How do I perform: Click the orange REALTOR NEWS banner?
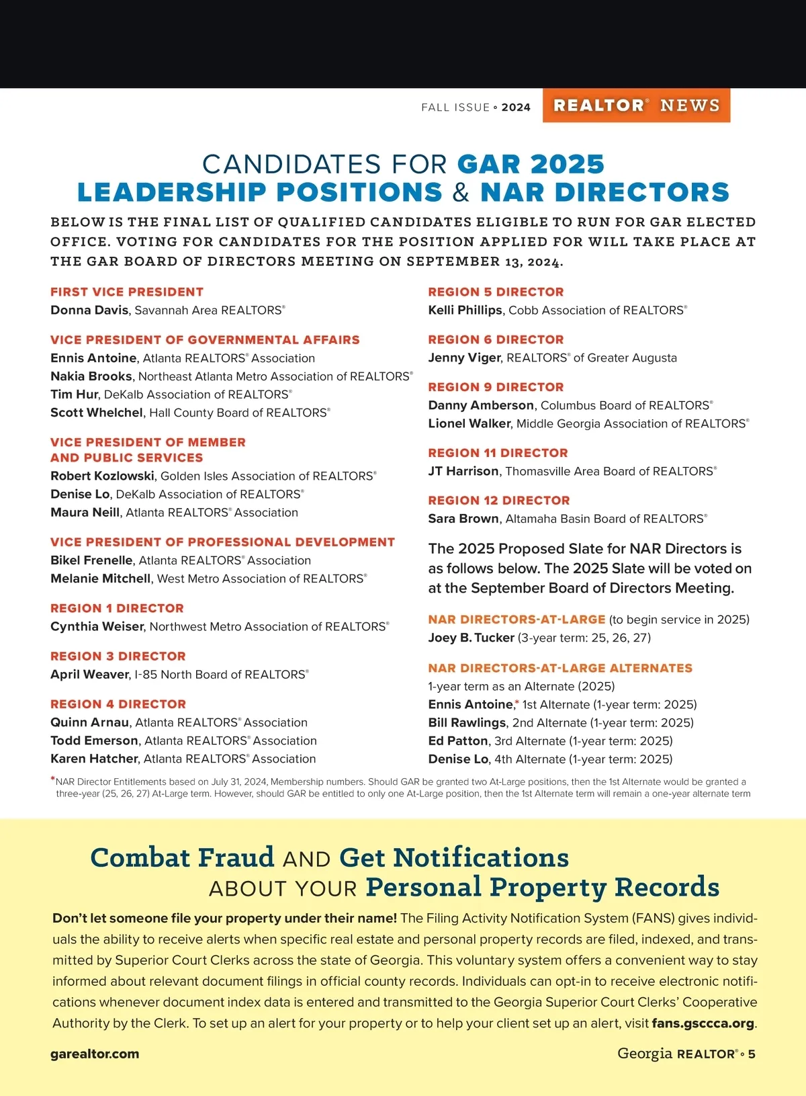636,106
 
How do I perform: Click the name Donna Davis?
89,310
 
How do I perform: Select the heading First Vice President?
127,292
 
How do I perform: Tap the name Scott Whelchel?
97,413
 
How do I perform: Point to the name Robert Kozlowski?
103,476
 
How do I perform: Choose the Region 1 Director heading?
117,608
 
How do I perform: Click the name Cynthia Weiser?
97,627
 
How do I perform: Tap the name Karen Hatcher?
95,759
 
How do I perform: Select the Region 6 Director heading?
496,340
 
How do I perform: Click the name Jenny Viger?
464,358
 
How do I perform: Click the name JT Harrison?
463,472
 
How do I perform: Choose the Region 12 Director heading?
499,501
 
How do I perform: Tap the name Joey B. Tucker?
471,638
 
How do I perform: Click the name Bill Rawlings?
467,723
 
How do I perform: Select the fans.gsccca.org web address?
703,1024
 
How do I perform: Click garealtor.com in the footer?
95,1054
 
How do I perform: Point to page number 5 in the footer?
752,1054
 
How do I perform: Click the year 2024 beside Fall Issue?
516,108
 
